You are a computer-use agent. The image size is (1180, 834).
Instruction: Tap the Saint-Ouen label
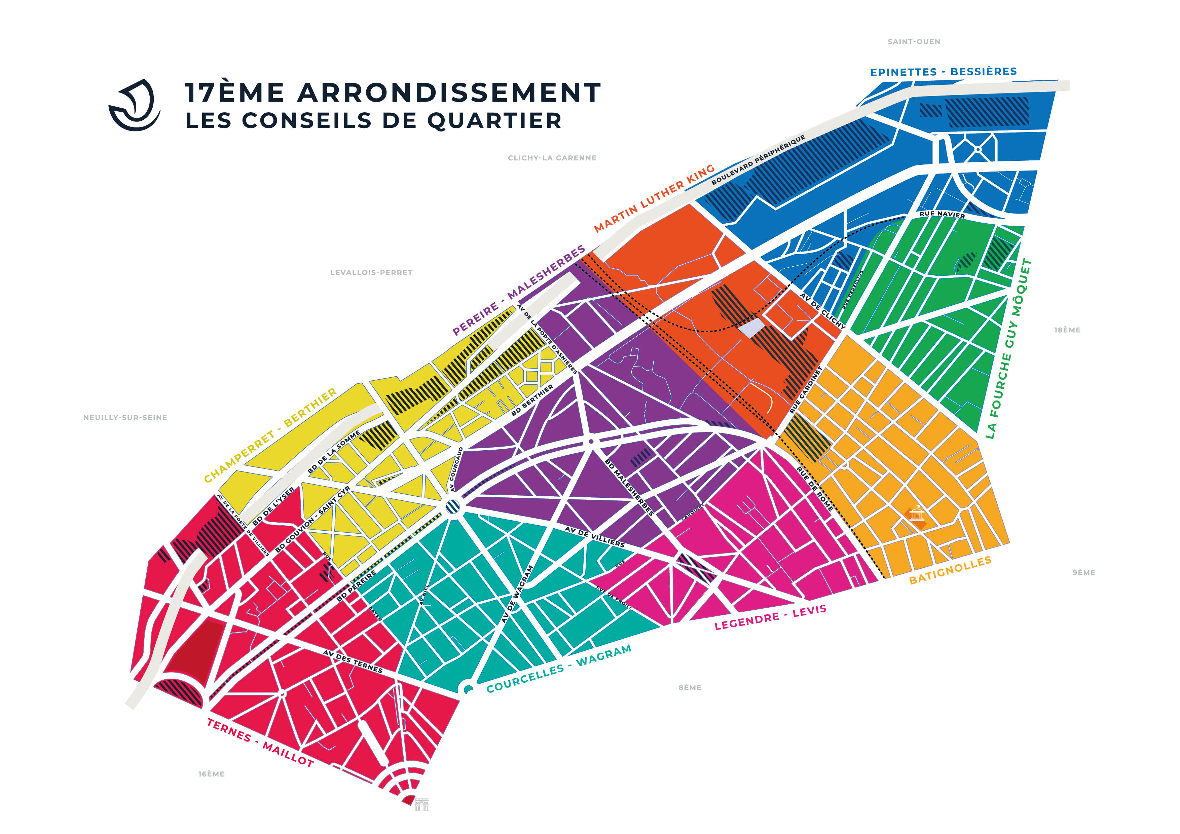pyautogui.click(x=914, y=42)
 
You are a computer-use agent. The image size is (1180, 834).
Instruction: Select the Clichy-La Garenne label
pyautogui.click(x=552, y=158)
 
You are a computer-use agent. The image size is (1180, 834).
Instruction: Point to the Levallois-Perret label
pyautogui.click(x=371, y=272)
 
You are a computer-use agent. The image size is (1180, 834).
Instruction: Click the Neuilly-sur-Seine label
pyautogui.click(x=125, y=417)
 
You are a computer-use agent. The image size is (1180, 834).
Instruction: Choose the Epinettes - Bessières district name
pyautogui.click(x=943, y=71)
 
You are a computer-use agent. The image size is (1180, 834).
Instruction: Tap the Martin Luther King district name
pyautogui.click(x=654, y=198)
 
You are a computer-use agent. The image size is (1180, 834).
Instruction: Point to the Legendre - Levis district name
pyautogui.click(x=770, y=617)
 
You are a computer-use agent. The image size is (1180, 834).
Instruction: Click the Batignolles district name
pyautogui.click(x=950, y=570)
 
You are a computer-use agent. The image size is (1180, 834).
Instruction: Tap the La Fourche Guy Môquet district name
pyautogui.click(x=1008, y=349)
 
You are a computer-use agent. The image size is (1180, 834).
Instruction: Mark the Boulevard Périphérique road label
pyautogui.click(x=758, y=160)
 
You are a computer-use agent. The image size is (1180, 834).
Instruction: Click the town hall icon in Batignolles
pyautogui.click(x=916, y=514)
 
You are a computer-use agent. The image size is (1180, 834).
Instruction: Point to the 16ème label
pyautogui.click(x=211, y=774)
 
